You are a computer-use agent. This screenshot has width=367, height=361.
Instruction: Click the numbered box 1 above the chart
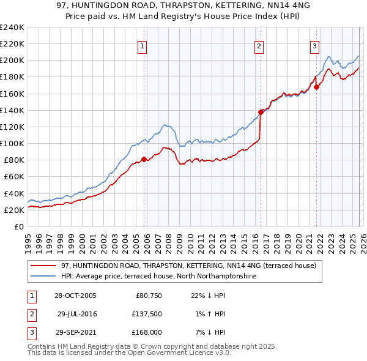click(142, 46)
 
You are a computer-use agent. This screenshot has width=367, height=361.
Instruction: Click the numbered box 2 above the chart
click(259, 46)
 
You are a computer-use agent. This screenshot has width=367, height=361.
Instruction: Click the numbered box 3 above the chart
click(314, 46)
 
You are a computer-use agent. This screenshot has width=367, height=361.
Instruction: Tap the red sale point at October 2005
click(144, 160)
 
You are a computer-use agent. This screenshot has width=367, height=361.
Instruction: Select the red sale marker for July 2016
click(261, 112)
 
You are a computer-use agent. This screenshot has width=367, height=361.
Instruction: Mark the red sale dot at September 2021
click(317, 87)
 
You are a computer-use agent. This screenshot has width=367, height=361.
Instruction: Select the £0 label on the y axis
click(18, 226)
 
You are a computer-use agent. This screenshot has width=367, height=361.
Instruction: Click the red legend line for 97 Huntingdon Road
click(43, 266)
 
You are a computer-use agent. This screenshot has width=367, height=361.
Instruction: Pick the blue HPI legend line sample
click(43, 277)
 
